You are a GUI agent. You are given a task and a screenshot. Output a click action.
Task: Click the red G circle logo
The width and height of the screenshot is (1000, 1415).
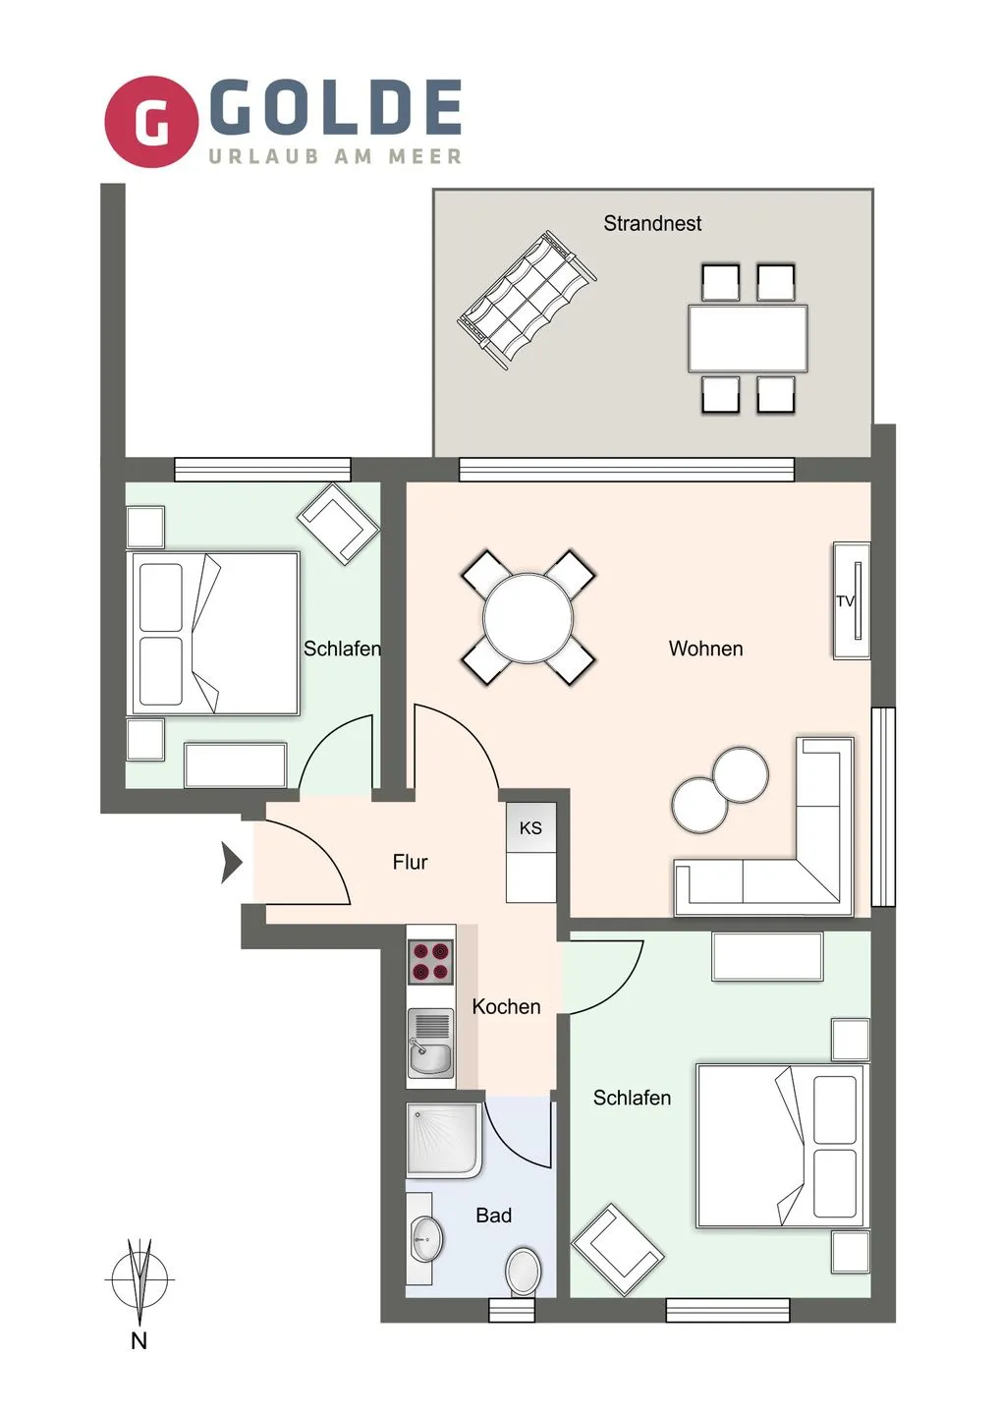coord(151,122)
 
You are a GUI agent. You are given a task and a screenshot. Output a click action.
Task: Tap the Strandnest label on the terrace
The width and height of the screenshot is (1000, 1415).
coord(652,223)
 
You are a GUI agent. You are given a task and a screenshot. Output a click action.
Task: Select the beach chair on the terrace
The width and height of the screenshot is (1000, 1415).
coord(527,300)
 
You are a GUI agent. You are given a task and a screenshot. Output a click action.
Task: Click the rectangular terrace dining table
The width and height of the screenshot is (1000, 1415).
coord(748,338)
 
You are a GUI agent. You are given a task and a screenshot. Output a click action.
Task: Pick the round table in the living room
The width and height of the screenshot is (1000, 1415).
coord(528,617)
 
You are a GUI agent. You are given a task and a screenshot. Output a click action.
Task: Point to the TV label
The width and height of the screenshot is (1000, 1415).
coord(846,600)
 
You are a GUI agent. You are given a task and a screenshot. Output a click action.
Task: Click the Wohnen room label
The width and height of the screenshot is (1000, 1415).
coord(705,649)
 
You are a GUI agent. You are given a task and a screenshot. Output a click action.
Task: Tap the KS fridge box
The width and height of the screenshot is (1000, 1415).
coord(530,827)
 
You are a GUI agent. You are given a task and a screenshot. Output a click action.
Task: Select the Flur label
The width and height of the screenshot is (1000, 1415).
coord(410,862)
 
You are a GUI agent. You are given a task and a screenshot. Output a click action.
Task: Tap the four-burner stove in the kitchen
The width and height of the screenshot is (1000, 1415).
coord(430,962)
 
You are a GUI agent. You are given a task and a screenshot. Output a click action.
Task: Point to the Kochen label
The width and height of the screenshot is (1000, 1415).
coord(506,1006)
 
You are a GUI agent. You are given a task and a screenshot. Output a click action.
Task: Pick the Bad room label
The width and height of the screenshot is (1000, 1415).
coord(494,1215)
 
